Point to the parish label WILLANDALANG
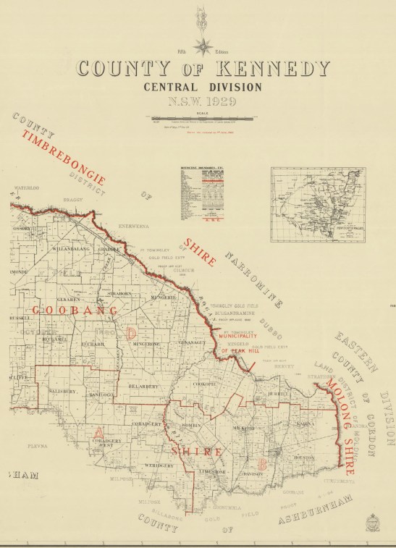[x=71, y=248]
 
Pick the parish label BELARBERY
[x=143, y=388]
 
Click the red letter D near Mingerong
[x=130, y=333]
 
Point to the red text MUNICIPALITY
[x=238, y=337]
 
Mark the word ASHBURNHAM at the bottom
[x=307, y=513]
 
